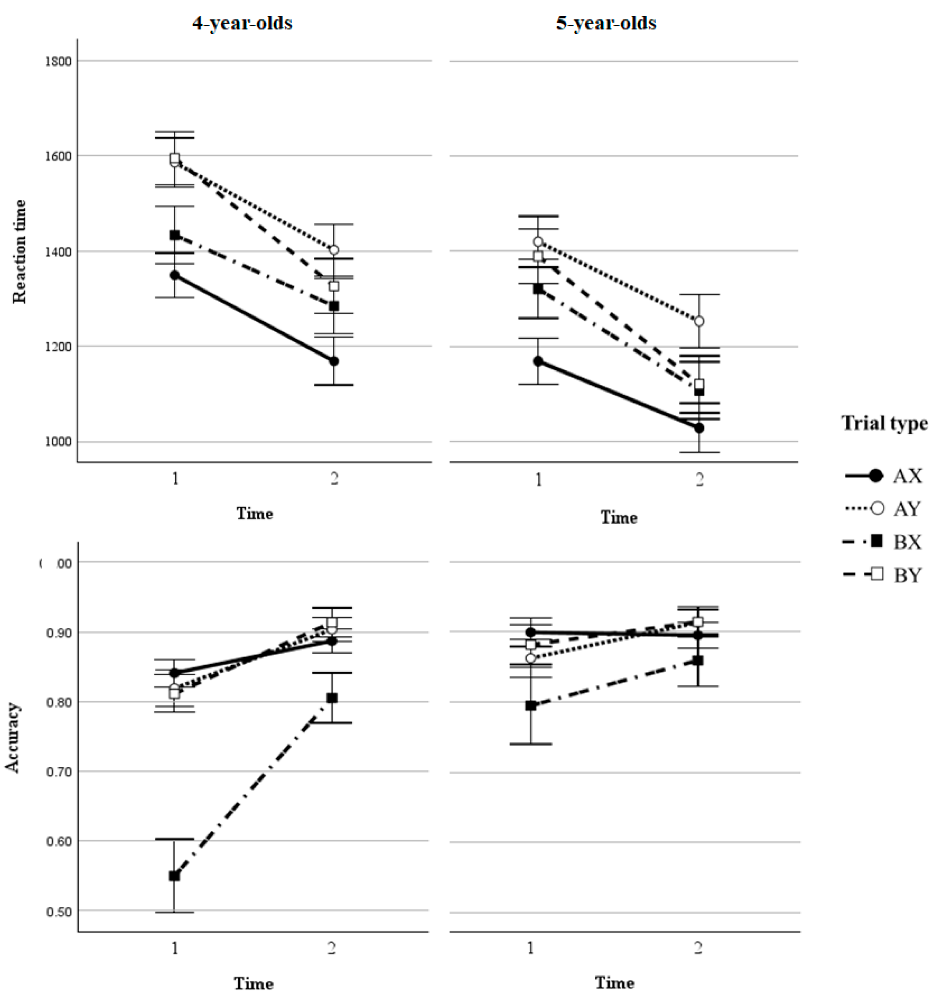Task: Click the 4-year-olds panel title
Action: coord(242,23)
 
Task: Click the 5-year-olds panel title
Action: coord(606,23)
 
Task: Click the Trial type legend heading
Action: coord(884,423)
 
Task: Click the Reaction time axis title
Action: coord(19,251)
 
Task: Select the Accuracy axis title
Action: coord(13,737)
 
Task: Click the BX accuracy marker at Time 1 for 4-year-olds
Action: coord(174,876)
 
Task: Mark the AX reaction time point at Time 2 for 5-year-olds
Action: coord(699,428)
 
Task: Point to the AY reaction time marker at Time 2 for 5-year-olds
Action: coord(699,321)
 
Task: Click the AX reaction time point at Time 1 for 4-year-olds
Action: coord(174,275)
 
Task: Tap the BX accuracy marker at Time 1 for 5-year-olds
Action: coord(530,706)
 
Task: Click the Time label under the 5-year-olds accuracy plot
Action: coord(614,982)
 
